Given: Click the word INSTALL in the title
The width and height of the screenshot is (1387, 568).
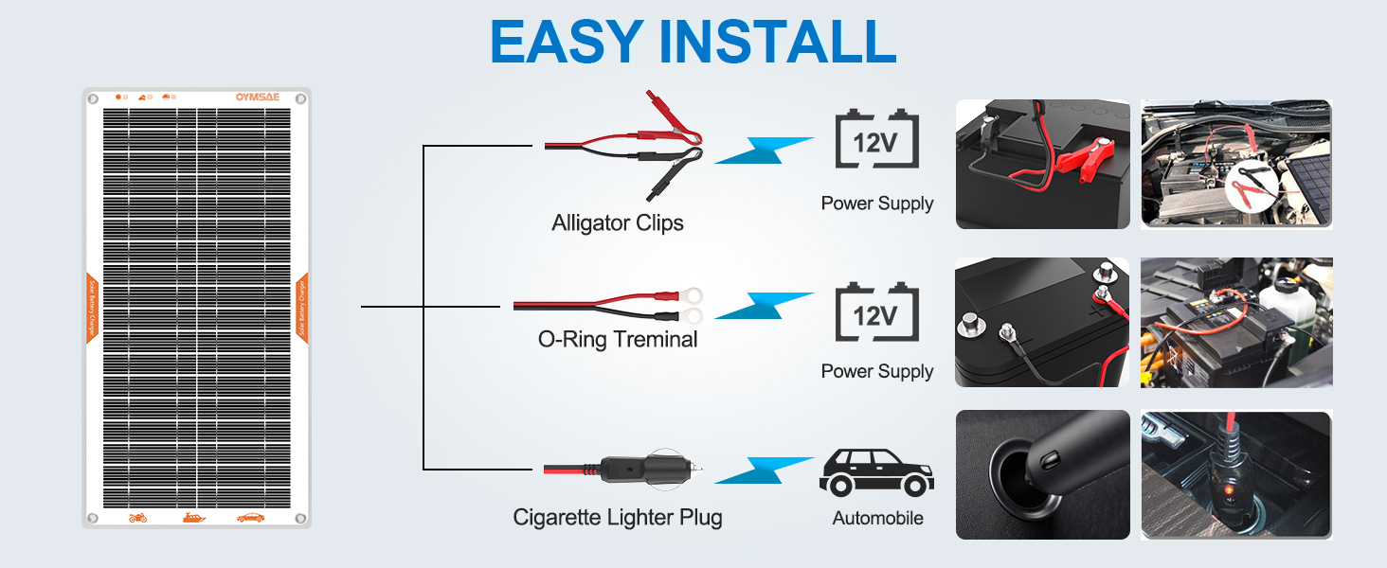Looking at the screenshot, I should (780, 40).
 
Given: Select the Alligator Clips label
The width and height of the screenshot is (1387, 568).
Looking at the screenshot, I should (617, 223).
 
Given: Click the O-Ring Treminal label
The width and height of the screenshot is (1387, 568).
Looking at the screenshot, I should (617, 339).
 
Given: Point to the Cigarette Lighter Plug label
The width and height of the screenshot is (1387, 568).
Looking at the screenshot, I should (617, 518).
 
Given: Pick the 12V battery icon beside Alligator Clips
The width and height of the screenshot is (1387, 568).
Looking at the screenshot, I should (876, 142).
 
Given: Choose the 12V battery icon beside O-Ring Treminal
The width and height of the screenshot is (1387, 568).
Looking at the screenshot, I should (876, 312).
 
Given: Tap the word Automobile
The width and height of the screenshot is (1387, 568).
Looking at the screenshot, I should (877, 518).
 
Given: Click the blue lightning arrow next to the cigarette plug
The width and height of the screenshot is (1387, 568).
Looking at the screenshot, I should (763, 470).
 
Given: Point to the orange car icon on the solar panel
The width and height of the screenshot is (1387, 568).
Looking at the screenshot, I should (250, 518).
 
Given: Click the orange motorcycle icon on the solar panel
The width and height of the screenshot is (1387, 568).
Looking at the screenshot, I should (138, 518).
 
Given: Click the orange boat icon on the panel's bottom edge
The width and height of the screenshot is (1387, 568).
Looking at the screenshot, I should (193, 518).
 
